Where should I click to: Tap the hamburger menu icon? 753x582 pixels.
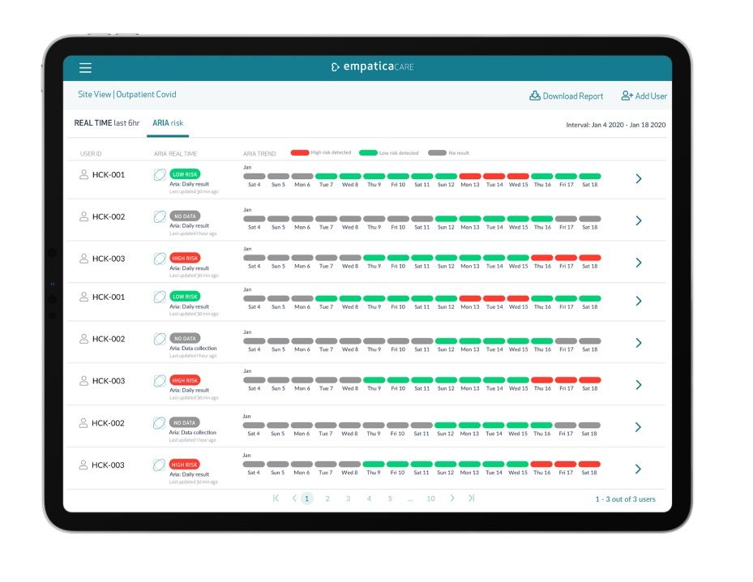[85, 68]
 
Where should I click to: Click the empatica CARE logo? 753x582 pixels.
[372, 67]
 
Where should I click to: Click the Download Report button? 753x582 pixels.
[567, 96]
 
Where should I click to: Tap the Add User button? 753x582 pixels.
[644, 96]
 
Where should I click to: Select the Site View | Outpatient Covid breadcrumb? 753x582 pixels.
[126, 95]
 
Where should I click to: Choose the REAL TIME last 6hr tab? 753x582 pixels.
[107, 123]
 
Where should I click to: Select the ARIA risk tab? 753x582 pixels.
[168, 123]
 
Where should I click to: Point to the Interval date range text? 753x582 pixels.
[615, 125]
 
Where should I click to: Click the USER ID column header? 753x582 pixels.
[91, 153]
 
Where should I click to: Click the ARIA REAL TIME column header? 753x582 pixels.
[175, 153]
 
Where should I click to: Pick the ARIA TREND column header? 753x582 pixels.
[259, 153]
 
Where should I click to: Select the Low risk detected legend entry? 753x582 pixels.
[389, 152]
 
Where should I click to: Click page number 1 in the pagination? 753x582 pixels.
[307, 499]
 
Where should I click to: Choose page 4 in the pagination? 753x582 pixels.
[369, 499]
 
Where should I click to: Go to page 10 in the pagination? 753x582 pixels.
[430, 499]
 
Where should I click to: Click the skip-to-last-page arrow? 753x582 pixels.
[472, 499]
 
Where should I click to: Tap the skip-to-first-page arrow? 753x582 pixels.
[276, 499]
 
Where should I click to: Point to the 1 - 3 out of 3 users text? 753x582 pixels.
[625, 499]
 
